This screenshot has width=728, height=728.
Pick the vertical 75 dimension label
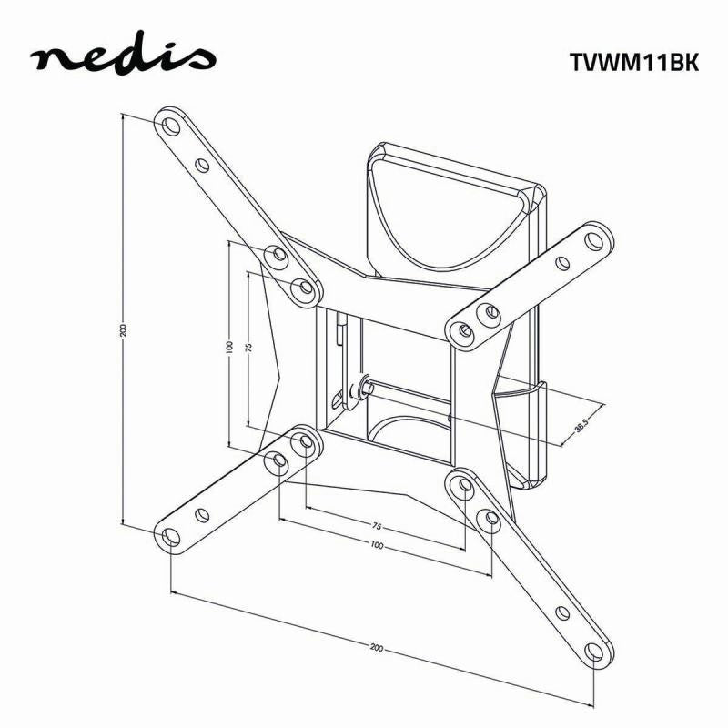248,347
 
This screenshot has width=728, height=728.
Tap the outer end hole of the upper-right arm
596,241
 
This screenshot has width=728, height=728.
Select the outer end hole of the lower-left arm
170,537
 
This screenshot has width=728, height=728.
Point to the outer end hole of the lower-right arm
594,652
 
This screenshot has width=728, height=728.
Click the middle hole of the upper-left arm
202,165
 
